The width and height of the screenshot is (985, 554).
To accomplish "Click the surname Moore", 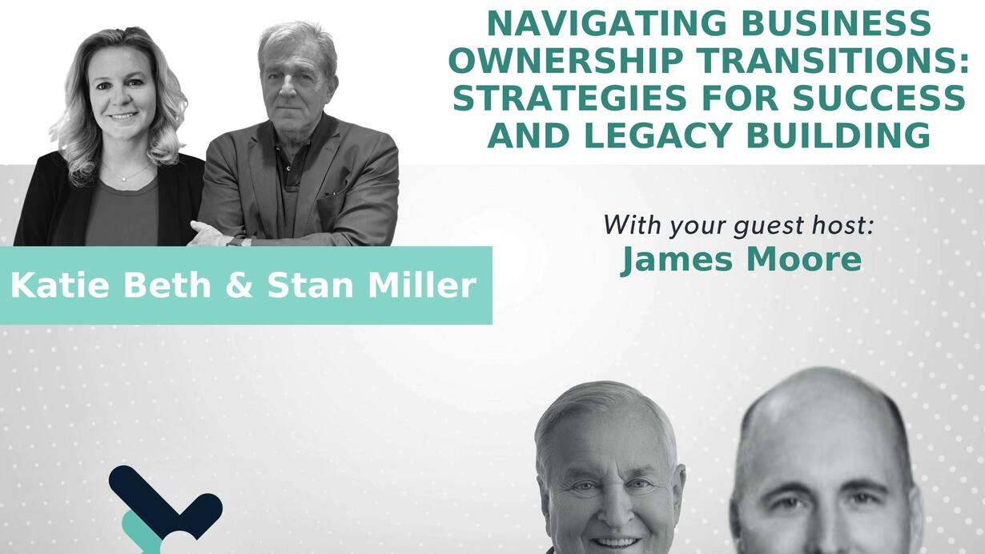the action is pyautogui.click(x=804, y=259).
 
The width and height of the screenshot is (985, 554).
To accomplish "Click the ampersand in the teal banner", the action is pyautogui.click(x=239, y=285).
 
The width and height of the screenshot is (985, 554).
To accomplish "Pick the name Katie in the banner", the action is pyautogui.click(x=59, y=285).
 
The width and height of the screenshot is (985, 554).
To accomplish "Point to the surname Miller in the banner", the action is pyautogui.click(x=422, y=285).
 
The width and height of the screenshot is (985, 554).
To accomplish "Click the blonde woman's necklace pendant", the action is pyautogui.click(x=124, y=179).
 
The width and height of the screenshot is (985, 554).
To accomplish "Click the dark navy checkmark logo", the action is pyautogui.click(x=165, y=501).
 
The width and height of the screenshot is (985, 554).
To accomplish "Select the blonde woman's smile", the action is pyautogui.click(x=123, y=116).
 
